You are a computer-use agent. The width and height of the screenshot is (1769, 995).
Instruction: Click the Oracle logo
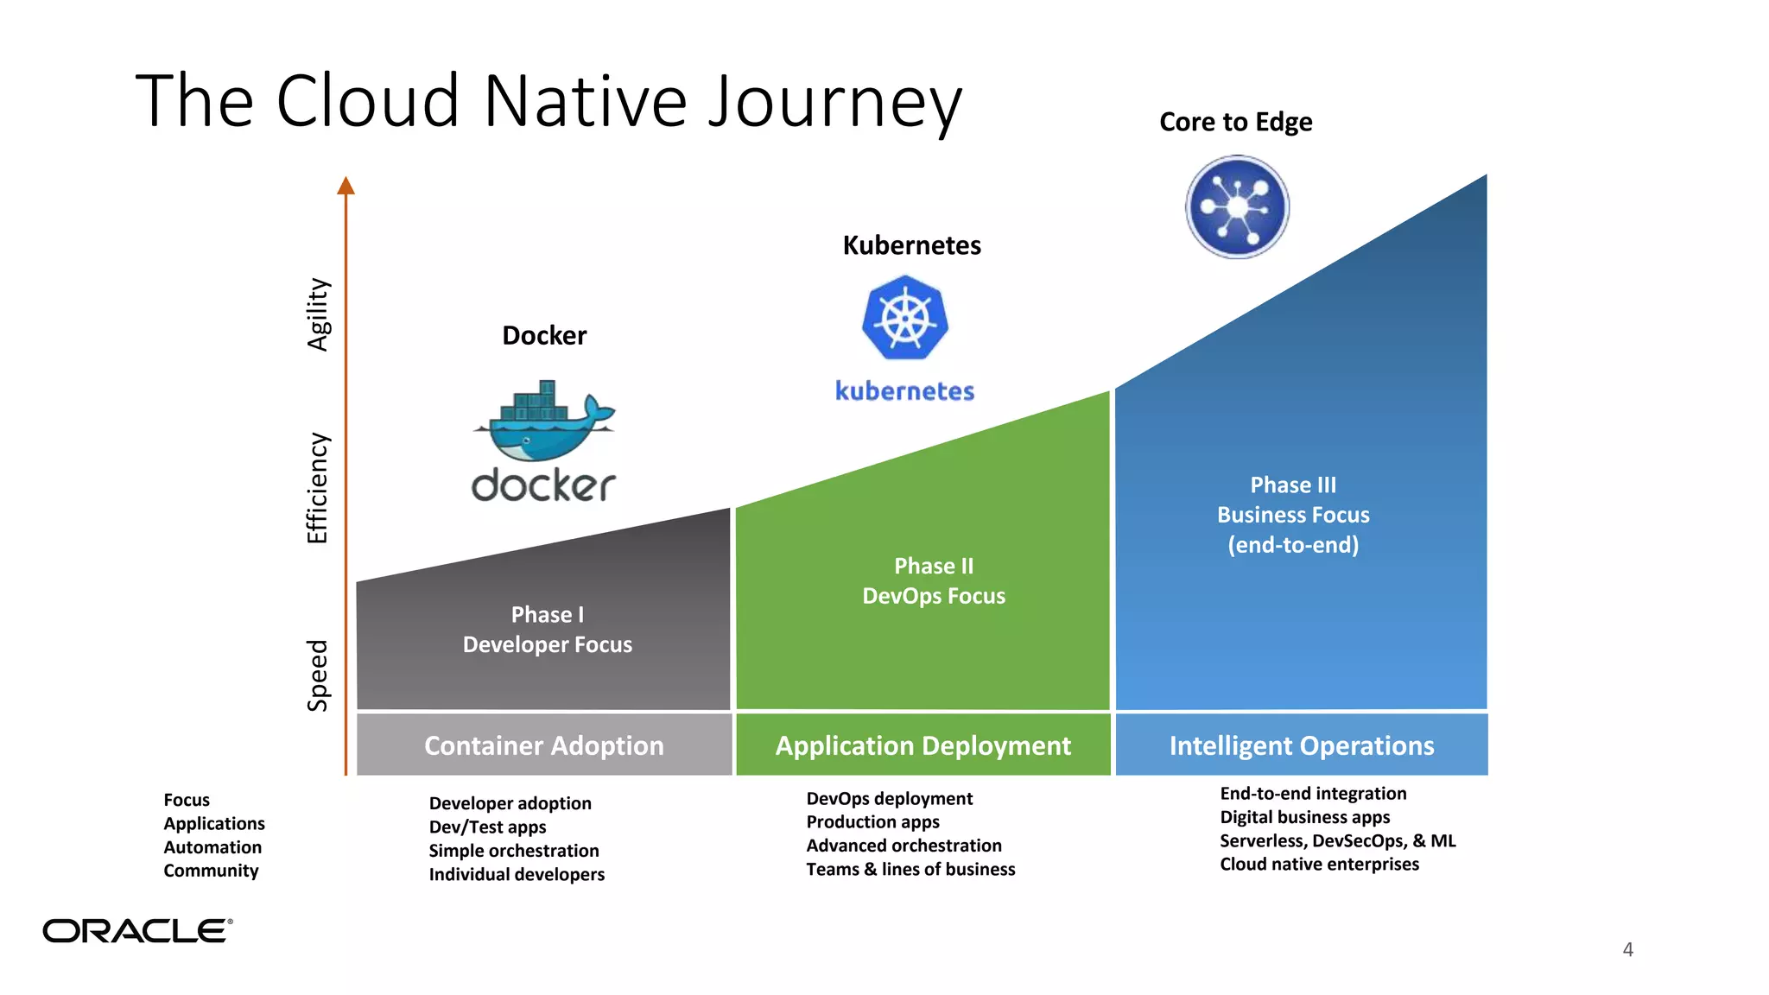137,930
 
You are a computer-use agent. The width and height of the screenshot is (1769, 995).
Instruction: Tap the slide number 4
1627,949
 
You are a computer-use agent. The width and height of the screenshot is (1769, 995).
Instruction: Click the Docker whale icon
544,422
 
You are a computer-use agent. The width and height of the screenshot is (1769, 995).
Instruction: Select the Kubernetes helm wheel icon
905,318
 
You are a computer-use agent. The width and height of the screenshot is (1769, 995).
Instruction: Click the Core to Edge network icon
1237,207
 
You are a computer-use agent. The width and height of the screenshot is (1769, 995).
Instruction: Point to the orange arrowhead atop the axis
346,185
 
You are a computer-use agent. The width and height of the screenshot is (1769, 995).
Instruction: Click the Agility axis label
318,314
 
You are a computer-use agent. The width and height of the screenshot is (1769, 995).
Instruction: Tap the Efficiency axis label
318,488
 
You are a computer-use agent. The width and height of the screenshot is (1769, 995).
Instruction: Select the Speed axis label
318,675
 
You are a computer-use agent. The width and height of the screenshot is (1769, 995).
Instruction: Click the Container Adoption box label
543,745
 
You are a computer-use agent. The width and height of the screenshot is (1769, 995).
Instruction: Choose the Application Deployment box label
923,745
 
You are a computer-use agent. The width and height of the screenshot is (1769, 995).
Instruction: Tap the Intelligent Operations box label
1301,745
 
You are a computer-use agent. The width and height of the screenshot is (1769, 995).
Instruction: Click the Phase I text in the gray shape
547,614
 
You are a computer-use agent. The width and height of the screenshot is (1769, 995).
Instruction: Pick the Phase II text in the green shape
933,566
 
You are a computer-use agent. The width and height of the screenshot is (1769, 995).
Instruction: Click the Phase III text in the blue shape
1292,485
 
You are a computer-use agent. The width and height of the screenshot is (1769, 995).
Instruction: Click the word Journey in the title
834,102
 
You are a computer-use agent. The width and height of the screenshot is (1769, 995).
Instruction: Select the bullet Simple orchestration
514,851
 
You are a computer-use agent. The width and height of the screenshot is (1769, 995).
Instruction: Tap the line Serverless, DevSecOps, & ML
1337,840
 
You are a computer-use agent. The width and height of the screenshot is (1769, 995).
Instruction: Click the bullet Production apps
872,821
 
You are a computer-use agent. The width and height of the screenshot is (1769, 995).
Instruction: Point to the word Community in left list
211,871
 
